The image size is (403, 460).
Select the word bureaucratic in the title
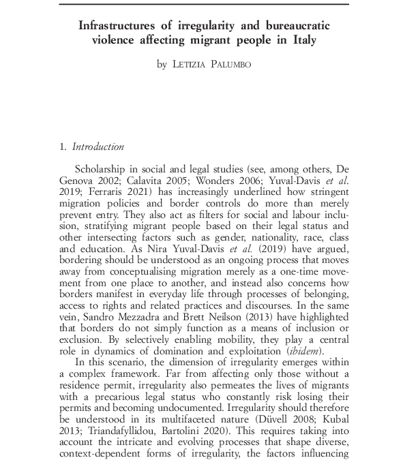[295, 26]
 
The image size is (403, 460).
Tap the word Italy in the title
[301, 40]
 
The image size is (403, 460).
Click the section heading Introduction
[98, 147]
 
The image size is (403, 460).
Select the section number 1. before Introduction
[63, 147]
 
